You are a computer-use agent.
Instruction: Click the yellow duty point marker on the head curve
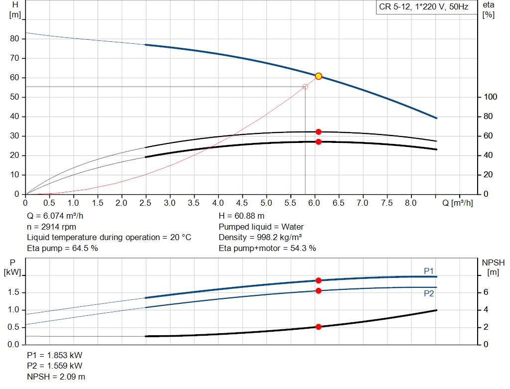[x=318, y=76]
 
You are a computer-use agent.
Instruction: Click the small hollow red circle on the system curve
[x=305, y=87]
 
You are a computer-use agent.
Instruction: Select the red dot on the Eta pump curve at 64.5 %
[x=318, y=132]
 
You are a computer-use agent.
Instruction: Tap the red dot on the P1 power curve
[x=318, y=280]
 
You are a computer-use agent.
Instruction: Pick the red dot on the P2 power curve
[x=318, y=290]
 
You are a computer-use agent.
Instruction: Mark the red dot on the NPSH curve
[x=318, y=327]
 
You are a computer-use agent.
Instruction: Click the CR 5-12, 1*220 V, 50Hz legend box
[x=424, y=7]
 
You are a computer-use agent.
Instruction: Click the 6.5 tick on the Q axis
[x=339, y=203]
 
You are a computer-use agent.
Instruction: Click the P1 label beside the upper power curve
[x=429, y=271]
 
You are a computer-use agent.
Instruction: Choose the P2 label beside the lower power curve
[x=429, y=294]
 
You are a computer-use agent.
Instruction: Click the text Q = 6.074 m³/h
[x=55, y=216]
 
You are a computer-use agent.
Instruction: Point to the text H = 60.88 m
[x=242, y=216]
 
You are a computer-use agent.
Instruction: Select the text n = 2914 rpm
[x=52, y=227]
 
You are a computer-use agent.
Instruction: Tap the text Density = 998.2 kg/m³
[x=260, y=237]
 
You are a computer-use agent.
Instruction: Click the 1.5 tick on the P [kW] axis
[x=14, y=292]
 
